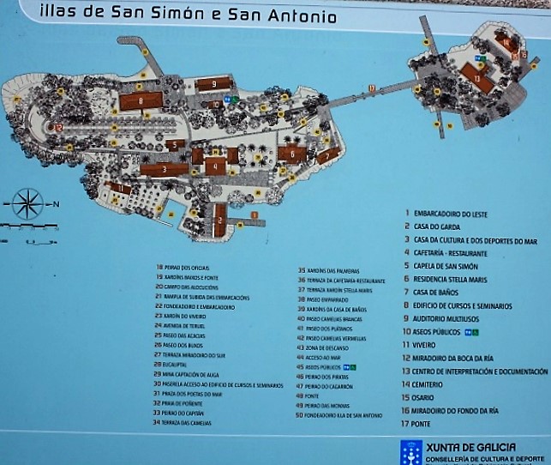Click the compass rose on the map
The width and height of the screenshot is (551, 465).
pos(27,204)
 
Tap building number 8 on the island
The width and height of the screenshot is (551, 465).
pos(137,101)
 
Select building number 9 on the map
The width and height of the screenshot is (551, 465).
pos(212,84)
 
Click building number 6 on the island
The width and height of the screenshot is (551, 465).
pos(291,154)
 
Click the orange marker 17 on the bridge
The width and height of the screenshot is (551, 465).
pos(371,88)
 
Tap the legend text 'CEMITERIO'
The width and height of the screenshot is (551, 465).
pos(428,384)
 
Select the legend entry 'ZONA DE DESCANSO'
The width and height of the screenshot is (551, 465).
pos(329,347)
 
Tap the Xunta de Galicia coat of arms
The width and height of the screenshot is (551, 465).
pos(410,452)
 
